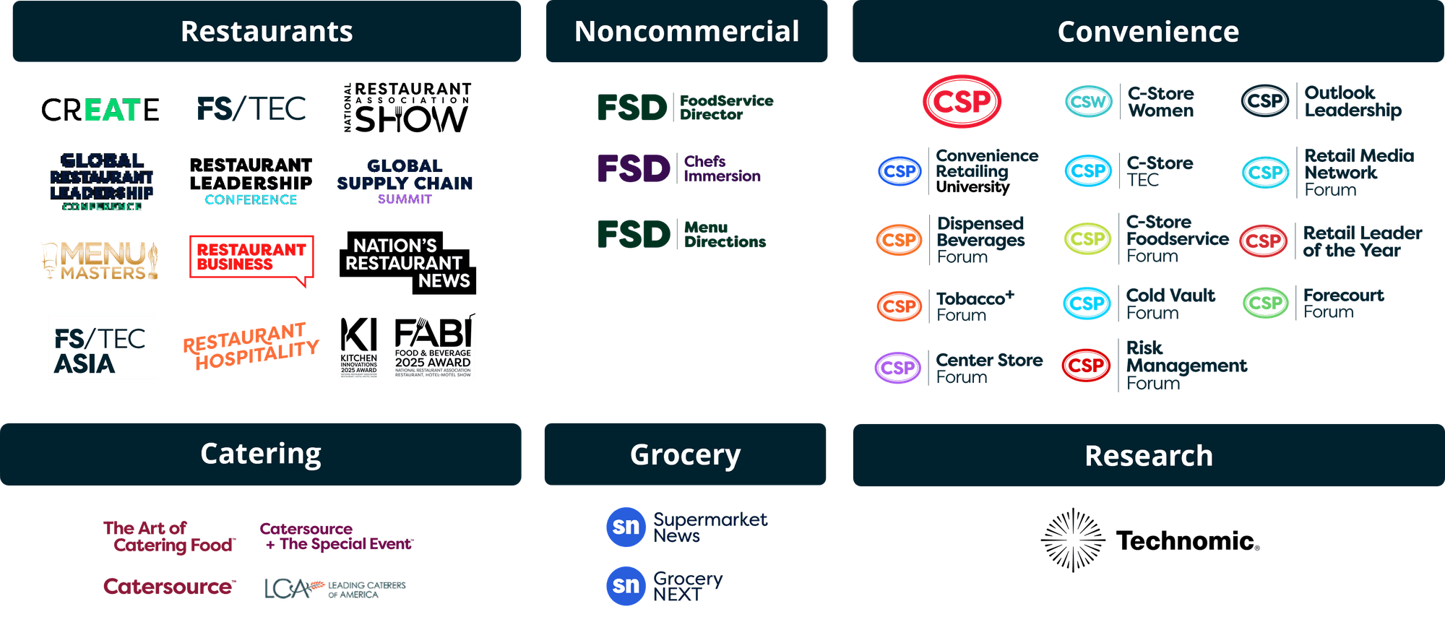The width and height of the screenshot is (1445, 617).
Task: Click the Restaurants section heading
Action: click(x=267, y=32)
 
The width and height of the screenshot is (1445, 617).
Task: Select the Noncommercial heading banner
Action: click(x=686, y=32)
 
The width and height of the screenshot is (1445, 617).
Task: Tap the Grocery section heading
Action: click(x=685, y=454)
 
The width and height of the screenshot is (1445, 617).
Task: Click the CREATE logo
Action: click(x=100, y=110)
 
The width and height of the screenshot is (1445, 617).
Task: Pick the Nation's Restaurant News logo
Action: click(x=407, y=263)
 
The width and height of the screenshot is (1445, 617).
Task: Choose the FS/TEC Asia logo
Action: click(x=102, y=347)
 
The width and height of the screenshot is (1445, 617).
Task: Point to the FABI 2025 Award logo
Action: click(x=434, y=345)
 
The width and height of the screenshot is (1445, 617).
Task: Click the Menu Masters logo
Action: click(x=100, y=261)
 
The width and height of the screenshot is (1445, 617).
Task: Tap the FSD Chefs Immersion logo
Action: click(x=679, y=168)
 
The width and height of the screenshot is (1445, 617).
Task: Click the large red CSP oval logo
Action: click(x=962, y=101)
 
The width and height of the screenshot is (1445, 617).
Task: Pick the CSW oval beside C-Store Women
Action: click(x=1088, y=102)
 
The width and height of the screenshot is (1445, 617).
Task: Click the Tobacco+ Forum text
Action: click(x=975, y=306)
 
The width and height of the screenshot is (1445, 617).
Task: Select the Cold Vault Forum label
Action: click(x=1170, y=304)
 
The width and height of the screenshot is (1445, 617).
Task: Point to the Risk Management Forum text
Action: click(x=1186, y=366)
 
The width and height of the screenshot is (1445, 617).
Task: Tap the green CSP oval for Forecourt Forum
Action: click(x=1265, y=303)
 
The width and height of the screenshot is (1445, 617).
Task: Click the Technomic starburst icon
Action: click(x=1073, y=540)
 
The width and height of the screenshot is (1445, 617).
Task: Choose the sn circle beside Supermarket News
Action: click(x=626, y=527)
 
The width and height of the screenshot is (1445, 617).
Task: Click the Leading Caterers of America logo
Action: click(x=335, y=589)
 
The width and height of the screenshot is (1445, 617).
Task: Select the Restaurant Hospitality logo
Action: click(x=250, y=345)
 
